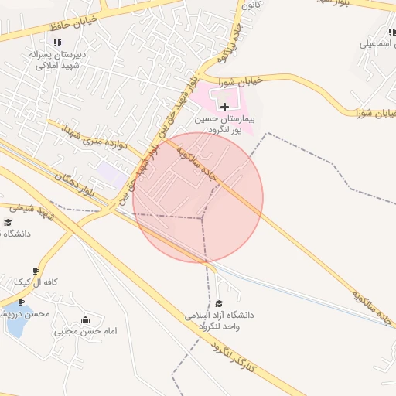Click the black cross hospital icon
[224, 106]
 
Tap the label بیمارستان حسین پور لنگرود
[224, 125]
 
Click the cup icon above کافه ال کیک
[36, 271]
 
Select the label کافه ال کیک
[38, 283]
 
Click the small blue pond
[13, 326]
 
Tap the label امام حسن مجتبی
[86, 331]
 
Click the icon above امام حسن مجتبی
[85, 319]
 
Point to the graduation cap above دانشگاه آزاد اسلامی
[219, 303]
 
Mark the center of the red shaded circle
[198, 197]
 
